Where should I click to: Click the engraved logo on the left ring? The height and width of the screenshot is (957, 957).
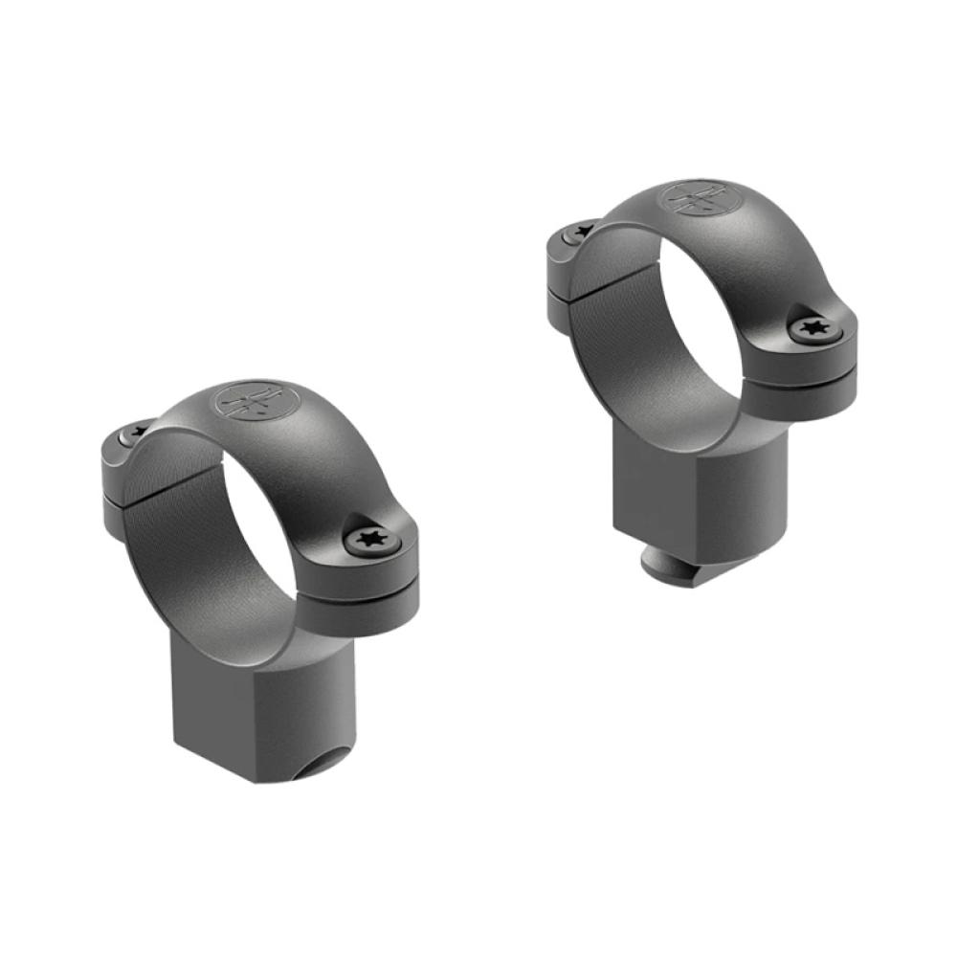[256, 401]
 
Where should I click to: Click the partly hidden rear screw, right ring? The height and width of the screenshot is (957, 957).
[579, 232]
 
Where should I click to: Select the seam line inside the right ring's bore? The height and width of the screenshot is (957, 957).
[622, 278]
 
